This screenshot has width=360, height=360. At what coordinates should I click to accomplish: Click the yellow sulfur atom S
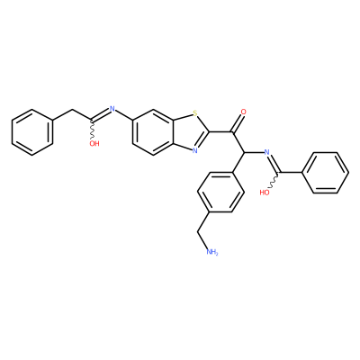tap(195, 113)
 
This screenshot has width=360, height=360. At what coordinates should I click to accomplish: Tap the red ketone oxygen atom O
tap(244, 112)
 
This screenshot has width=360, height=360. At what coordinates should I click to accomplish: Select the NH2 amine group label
tap(212, 252)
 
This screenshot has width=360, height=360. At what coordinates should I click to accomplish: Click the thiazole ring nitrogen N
tap(195, 150)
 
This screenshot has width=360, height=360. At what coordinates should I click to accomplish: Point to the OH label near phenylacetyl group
tap(94, 144)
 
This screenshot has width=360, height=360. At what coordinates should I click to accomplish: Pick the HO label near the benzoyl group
tap(265, 193)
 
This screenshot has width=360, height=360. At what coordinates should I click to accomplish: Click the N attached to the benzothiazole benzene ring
tap(112, 109)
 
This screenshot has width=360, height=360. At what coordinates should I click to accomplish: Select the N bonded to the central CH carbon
tap(266, 152)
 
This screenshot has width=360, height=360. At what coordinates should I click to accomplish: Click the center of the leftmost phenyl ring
tap(32, 132)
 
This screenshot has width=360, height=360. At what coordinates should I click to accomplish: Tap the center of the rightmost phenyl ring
tap(328, 173)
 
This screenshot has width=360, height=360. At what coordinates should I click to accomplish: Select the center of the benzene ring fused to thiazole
tap(153, 132)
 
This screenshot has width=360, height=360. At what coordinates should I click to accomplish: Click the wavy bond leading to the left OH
tap(92, 130)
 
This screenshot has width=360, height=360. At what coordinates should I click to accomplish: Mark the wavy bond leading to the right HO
tap(274, 180)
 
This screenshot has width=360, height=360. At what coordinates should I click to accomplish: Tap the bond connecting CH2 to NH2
tap(202, 240)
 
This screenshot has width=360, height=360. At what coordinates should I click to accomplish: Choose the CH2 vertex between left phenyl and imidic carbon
tap(72, 111)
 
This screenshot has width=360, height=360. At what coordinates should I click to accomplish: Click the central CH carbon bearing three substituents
tap(244, 152)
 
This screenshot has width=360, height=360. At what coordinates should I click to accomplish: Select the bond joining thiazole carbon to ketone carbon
tap(220, 132)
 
